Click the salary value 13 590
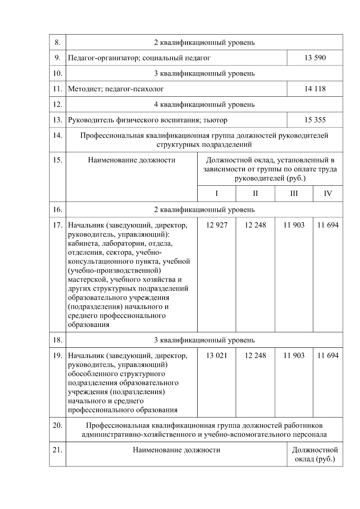click(315, 58)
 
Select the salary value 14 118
click(315, 89)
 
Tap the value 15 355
click(315, 120)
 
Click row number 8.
click(58, 43)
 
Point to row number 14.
click(58, 135)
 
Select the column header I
click(217, 193)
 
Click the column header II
click(255, 193)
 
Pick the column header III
click(294, 193)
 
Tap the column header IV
click(328, 193)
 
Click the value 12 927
click(217, 225)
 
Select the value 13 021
click(217, 355)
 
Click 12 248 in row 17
click(255, 225)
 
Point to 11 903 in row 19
click(294, 355)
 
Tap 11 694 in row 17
click(328, 225)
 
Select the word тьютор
click(215, 120)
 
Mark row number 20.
click(58, 425)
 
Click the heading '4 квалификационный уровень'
click(204, 104)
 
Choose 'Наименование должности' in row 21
click(176, 450)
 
